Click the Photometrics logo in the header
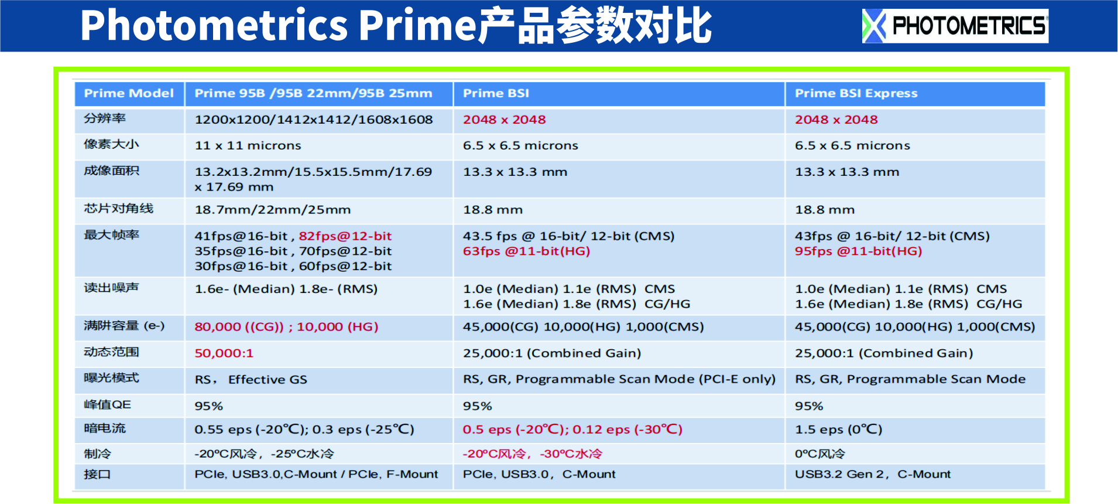955,26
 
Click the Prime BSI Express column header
856,93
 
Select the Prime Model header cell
129,93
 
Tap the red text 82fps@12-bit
345,236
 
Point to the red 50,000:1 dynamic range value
224,353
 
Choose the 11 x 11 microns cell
248,145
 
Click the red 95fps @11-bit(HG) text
858,251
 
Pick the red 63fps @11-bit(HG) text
526,251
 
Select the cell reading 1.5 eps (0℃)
838,430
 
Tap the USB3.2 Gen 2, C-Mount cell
872,474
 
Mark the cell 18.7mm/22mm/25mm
272,210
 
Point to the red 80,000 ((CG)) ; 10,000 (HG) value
286,327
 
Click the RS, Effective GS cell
251,380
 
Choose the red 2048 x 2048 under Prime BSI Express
836,120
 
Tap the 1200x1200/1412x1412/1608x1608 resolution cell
314,120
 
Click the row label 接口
97,474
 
